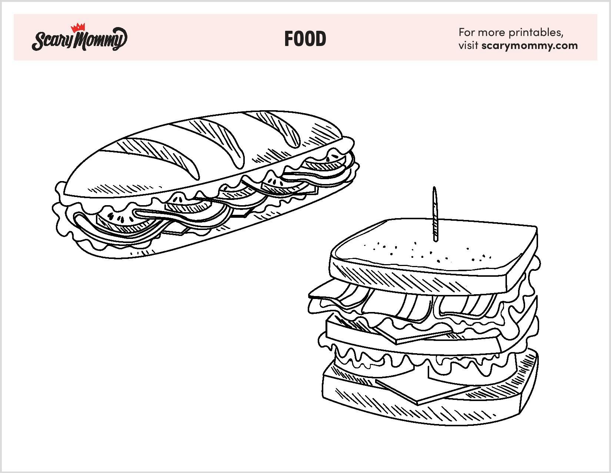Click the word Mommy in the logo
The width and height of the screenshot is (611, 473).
pos(100,39)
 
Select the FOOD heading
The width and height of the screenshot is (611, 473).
pos(305,39)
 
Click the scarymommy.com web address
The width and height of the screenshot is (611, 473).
pos(530,46)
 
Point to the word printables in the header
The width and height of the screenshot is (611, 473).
pos(536,33)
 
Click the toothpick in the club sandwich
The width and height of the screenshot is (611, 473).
pos(435,214)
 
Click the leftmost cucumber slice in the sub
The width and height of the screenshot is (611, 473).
pos(124,220)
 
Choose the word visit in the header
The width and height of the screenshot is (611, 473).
pos(468,45)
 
